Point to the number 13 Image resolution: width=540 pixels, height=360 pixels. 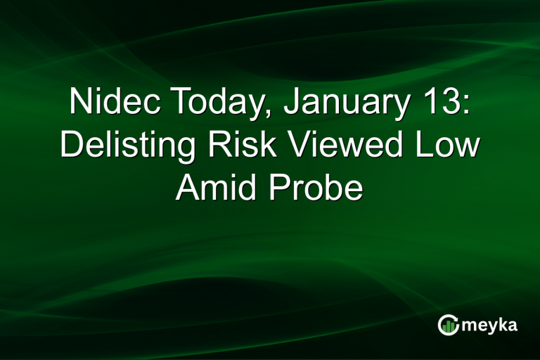click(441, 104)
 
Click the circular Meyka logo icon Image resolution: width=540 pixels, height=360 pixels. click(448, 324)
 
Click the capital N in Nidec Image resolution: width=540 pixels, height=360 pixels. click(79, 104)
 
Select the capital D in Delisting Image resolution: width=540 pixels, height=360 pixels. click(70, 146)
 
